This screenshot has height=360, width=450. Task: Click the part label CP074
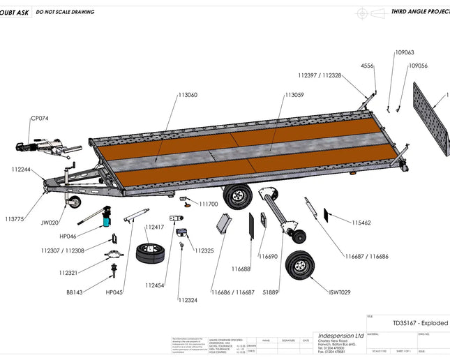(40, 118)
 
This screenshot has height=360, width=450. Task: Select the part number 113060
(187, 95)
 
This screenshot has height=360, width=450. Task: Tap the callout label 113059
(294, 95)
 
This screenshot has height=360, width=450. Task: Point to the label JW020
(50, 223)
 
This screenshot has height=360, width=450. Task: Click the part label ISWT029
(340, 292)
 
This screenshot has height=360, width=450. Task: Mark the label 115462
(361, 223)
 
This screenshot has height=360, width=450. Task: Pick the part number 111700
(209, 204)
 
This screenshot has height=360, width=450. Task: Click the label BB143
(75, 292)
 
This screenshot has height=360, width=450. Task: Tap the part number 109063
(405, 52)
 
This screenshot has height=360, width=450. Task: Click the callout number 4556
(367, 66)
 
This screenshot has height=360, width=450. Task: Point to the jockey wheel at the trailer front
(73, 202)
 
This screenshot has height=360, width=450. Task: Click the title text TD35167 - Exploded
(420, 324)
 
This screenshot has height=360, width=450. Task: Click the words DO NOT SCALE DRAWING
(65, 12)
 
